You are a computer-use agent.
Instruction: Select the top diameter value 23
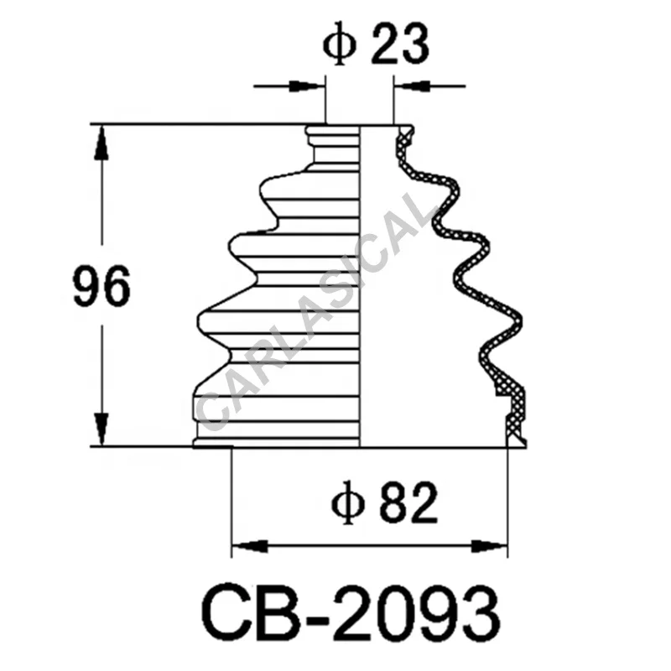tap(399, 48)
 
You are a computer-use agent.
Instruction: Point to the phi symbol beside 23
tap(335, 48)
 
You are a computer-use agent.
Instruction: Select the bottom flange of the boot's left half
tap(277, 440)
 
